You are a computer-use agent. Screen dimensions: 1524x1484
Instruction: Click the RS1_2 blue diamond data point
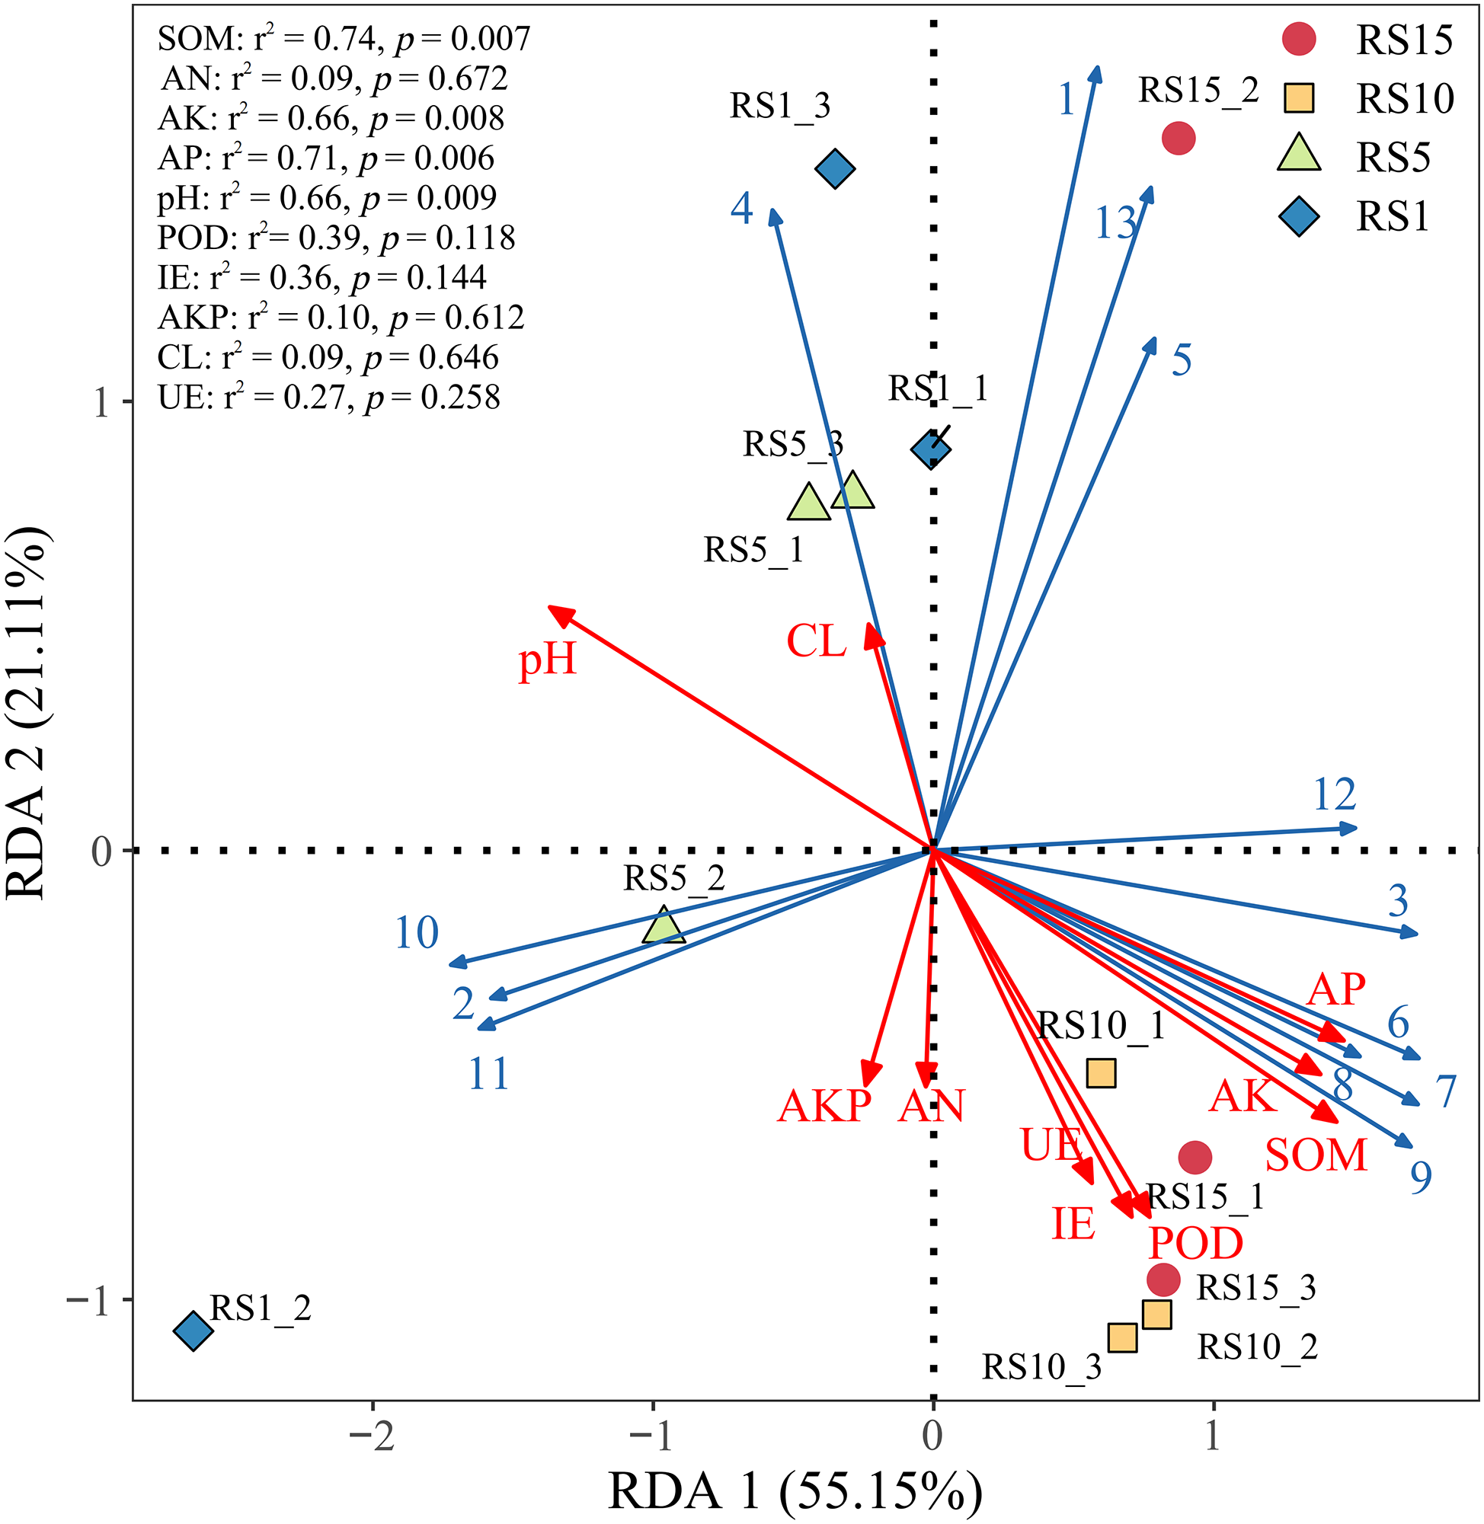pos(193,1330)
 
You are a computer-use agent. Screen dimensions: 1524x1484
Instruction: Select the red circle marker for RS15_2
pos(1179,139)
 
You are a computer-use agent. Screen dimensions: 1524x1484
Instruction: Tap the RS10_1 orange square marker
pos(1101,1073)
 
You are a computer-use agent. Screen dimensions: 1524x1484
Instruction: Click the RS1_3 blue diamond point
pos(836,168)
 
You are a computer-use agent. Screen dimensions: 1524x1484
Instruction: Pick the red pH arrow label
pos(547,659)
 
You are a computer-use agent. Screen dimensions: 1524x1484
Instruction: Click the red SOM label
pos(1316,1155)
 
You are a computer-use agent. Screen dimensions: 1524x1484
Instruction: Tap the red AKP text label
pos(824,1106)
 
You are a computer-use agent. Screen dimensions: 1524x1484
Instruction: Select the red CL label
pos(816,641)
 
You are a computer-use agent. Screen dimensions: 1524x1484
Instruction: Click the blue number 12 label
pos(1335,794)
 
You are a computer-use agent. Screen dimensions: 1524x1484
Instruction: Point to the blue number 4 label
pos(742,209)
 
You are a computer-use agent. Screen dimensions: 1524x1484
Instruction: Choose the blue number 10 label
pos(417,933)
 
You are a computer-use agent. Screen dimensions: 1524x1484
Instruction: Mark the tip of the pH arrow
pos(551,608)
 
